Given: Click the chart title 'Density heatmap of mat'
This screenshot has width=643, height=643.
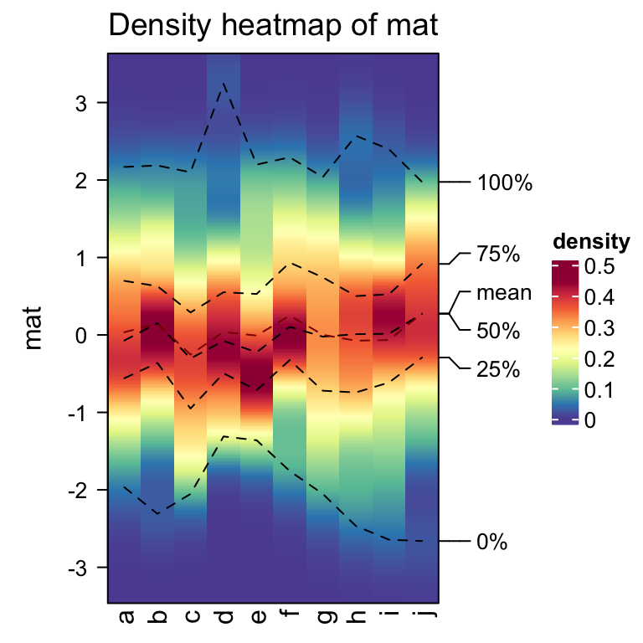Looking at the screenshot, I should [x=274, y=26].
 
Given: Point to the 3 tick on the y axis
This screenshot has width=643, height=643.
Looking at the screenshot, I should [x=80, y=103].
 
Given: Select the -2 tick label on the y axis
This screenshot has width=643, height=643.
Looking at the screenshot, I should [x=77, y=490].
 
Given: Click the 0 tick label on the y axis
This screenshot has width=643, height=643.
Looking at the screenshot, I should [x=80, y=335].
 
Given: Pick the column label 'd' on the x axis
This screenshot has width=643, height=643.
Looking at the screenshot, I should [x=224, y=618].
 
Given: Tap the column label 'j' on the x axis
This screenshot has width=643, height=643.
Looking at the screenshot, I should [x=420, y=618].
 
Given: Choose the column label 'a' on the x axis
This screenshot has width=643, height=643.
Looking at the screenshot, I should [x=126, y=618].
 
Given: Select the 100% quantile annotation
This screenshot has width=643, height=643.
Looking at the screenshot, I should [x=505, y=183].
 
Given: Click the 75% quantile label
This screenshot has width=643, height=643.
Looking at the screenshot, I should [x=499, y=254].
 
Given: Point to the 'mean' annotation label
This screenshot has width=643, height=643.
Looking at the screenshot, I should [x=504, y=293].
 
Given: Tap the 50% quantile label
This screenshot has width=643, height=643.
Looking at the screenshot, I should [x=499, y=331].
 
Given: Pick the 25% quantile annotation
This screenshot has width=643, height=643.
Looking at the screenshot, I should [x=499, y=369].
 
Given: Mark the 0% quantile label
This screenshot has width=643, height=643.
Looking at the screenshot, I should [x=492, y=542].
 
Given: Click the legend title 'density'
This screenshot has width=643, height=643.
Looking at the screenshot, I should [x=591, y=243].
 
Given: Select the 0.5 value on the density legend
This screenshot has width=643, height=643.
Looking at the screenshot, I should [x=600, y=266].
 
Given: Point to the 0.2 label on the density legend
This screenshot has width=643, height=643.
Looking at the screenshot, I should [x=600, y=359].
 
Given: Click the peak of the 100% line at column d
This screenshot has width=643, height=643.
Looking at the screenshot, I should [x=224, y=83].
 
